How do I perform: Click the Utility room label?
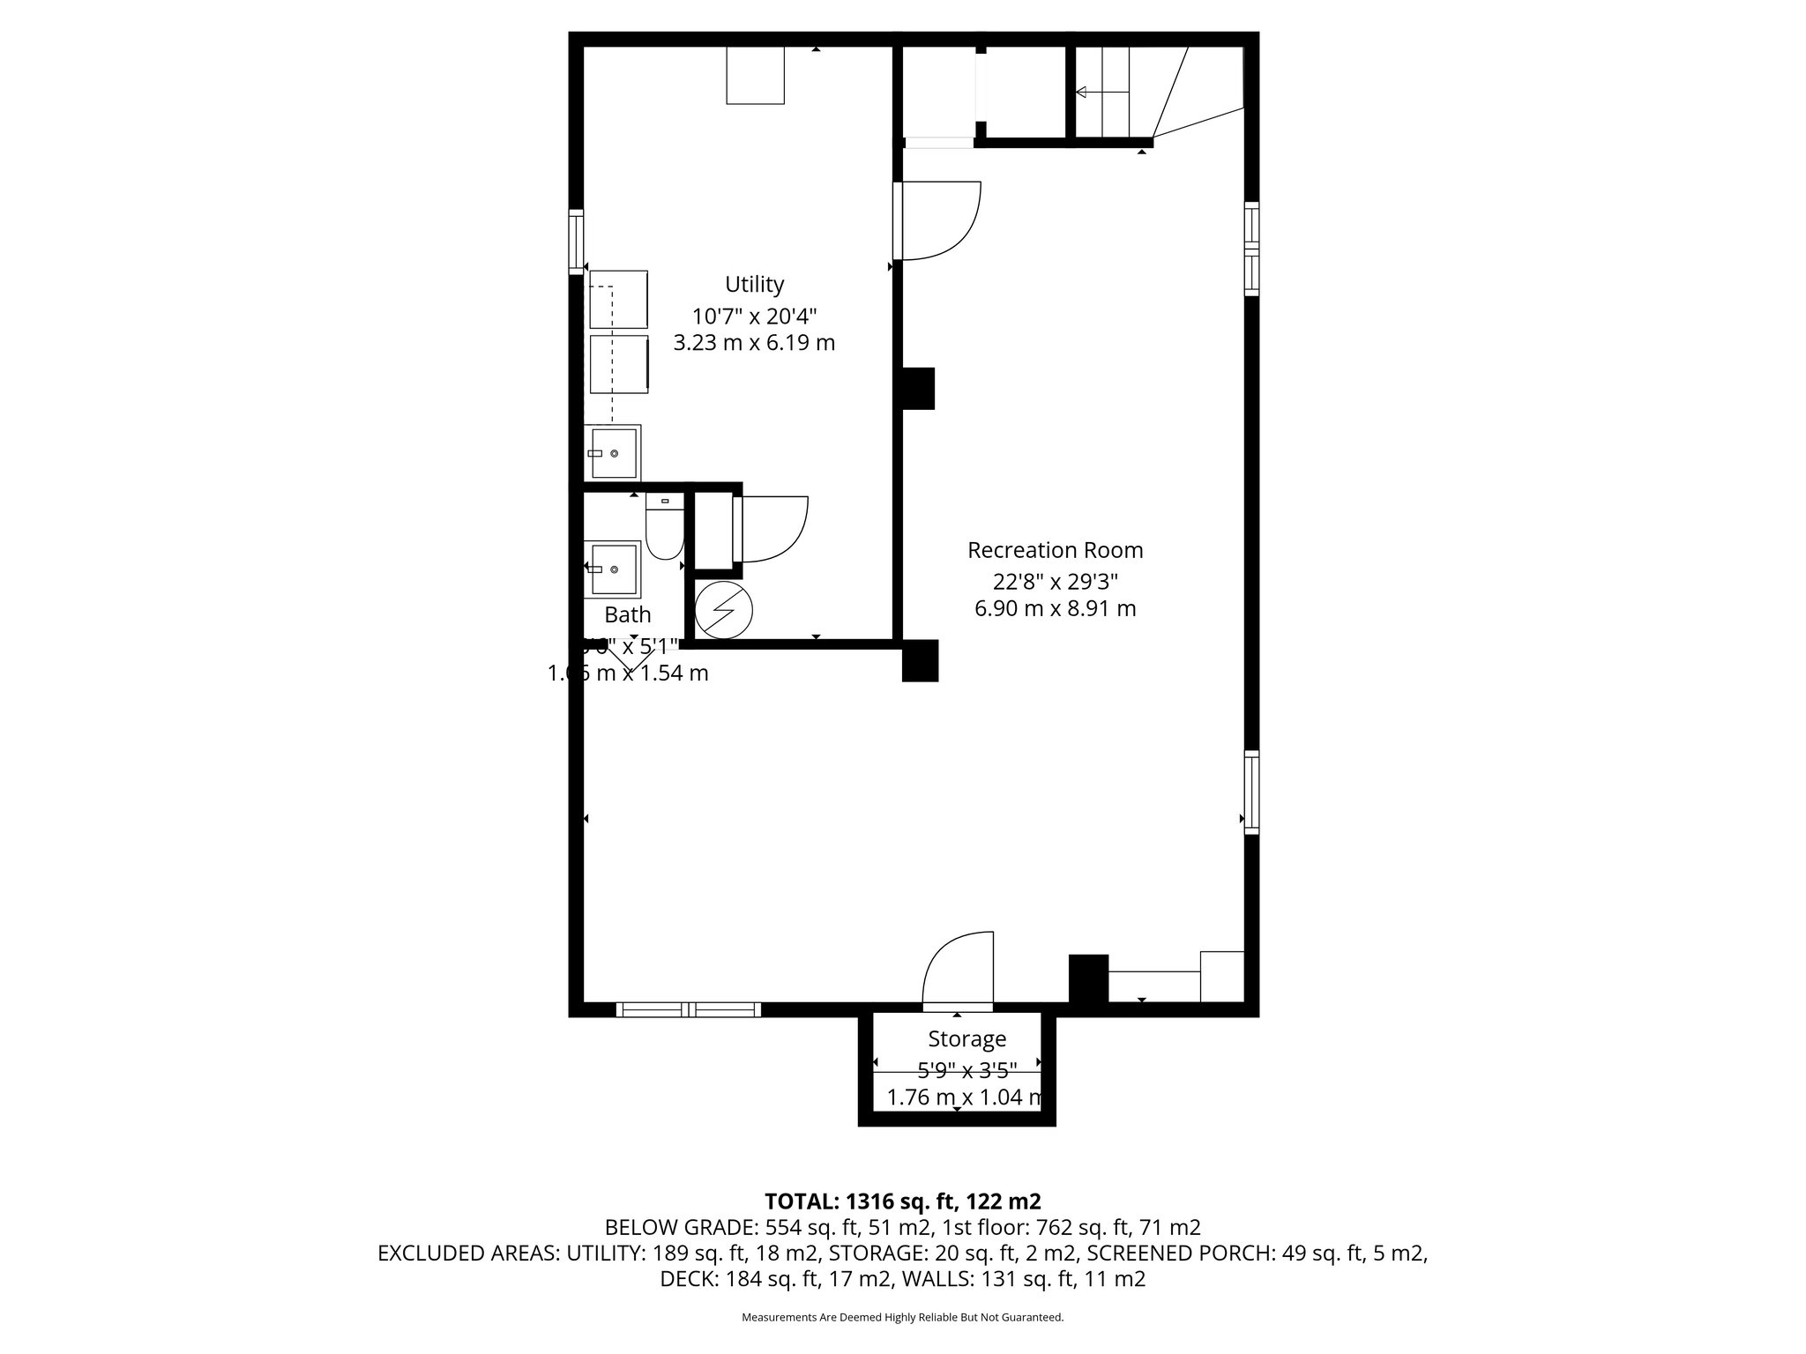(754, 284)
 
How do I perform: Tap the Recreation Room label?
(1055, 550)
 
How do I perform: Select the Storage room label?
(966, 1038)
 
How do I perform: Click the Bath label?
(628, 614)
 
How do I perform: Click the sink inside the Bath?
(613, 569)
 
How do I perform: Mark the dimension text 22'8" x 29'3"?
(1055, 581)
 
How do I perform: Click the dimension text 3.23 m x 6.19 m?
(754, 343)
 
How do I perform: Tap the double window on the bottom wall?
(688, 1009)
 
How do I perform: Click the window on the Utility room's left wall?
(577, 240)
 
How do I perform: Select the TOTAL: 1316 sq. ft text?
(901, 1201)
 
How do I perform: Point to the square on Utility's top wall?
(755, 76)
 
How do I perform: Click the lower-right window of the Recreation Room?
(1250, 792)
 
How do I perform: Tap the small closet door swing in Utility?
(774, 529)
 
